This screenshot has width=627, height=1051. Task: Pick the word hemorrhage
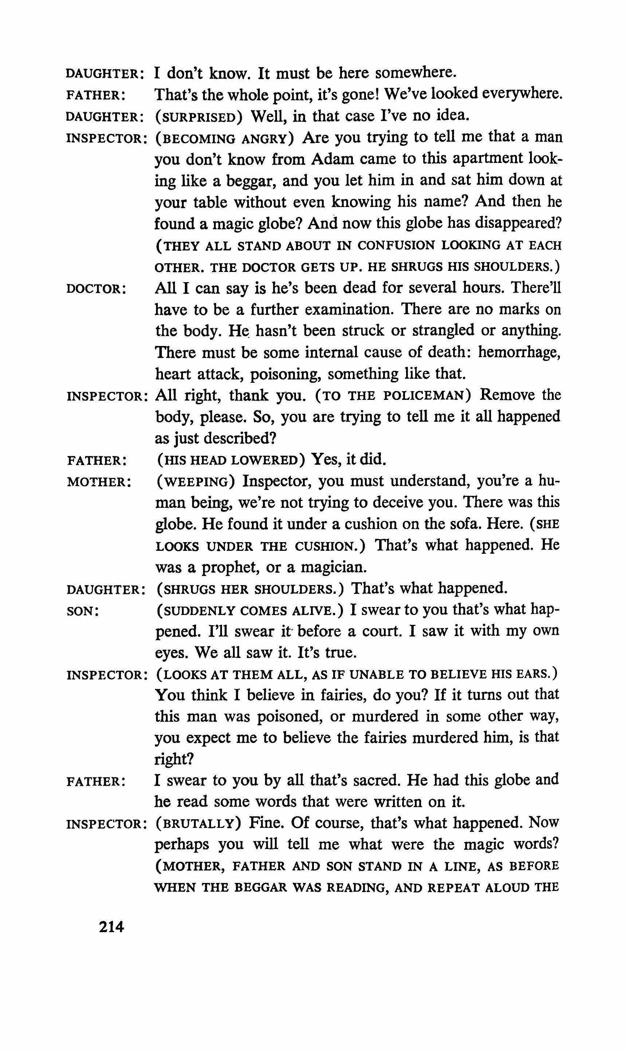coord(519,352)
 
